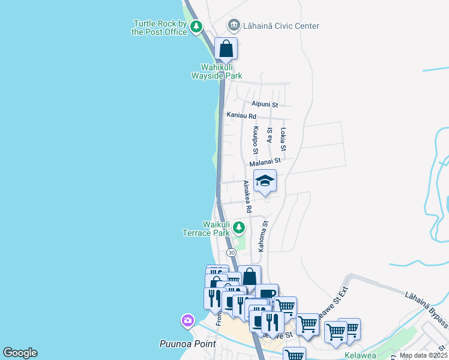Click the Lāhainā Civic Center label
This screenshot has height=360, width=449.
coord(280,26)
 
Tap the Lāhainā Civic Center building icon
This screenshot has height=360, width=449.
coord(234,26)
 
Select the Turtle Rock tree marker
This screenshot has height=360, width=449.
coord(196,26)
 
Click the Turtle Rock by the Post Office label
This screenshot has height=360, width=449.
coord(160,28)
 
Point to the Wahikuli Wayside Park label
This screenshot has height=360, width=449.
coord(217,71)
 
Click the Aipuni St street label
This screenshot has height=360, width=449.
coord(265,104)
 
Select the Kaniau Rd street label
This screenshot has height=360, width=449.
coord(241,115)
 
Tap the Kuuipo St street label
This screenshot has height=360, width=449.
coord(255,137)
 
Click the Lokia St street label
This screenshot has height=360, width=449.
coord(283,139)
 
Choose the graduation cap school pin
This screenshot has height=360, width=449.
coord(265,181)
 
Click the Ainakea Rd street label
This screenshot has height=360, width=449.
coord(247,197)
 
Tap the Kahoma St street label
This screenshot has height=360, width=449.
coord(262,235)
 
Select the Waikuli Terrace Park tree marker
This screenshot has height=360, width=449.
coord(239,227)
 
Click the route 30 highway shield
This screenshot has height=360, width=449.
coord(231,253)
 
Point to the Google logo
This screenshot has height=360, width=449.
coord(20,353)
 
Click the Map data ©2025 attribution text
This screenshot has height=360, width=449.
coord(423,355)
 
